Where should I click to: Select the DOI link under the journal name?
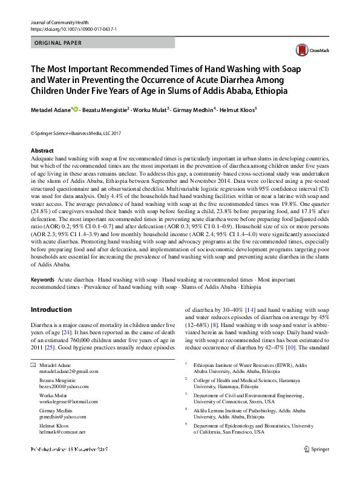click(x=73, y=29)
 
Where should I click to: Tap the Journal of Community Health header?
click(x=55, y=22)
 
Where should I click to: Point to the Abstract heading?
click(x=42, y=150)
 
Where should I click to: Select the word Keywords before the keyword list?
click(x=42, y=280)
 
